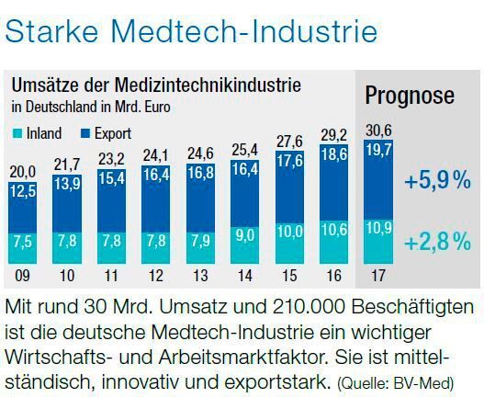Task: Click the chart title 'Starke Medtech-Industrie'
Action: (192, 31)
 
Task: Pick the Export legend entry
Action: (103, 134)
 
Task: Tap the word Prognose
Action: (409, 96)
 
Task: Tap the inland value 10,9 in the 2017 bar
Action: (377, 225)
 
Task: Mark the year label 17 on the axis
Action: (376, 275)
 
